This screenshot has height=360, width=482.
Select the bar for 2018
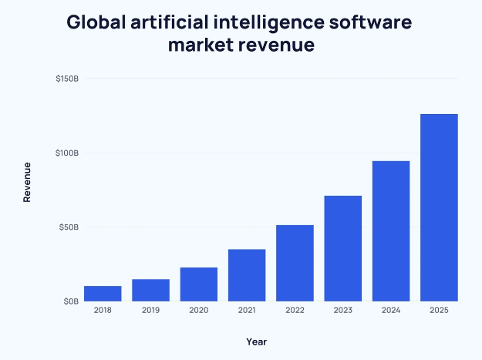pyautogui.click(x=103, y=294)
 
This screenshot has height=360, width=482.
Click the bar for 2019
pyautogui.click(x=150, y=290)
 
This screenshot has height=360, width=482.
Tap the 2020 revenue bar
pyautogui.click(x=199, y=284)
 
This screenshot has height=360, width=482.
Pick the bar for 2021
pyautogui.click(x=247, y=275)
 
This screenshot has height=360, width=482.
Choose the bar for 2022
pyautogui.click(x=295, y=263)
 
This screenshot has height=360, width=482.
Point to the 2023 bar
pyautogui.click(x=343, y=248)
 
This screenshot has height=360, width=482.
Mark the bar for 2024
pyautogui.click(x=391, y=231)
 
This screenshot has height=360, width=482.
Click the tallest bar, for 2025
pyautogui.click(x=439, y=207)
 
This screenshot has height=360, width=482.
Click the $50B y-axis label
pyautogui.click(x=69, y=227)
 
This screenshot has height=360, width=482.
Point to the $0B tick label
pyautogui.click(x=70, y=301)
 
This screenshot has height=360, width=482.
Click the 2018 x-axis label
pyautogui.click(x=103, y=310)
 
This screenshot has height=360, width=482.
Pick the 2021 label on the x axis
pyautogui.click(x=247, y=310)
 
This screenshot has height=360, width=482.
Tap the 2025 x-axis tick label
pyautogui.click(x=439, y=310)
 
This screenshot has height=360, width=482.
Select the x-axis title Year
pyautogui.click(x=257, y=341)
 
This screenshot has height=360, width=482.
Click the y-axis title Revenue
pyautogui.click(x=27, y=182)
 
